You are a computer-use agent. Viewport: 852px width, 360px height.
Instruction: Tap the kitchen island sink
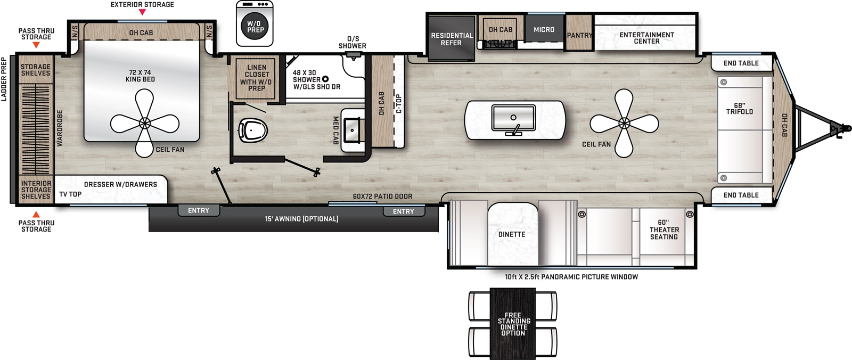[513, 118]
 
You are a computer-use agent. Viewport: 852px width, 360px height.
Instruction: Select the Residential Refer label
[452, 39]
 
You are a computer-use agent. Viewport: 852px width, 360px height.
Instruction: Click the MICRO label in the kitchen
[544, 30]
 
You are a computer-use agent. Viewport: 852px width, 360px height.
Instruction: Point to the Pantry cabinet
[579, 35]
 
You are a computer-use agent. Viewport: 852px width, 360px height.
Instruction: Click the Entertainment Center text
[646, 38]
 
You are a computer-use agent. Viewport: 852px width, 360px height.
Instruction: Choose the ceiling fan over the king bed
[144, 124]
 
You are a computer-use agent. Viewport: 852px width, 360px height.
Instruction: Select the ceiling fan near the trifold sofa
[624, 123]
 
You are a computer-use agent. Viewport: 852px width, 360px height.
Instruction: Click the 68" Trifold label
[739, 109]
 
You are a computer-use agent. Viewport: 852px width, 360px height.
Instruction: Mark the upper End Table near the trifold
[741, 63]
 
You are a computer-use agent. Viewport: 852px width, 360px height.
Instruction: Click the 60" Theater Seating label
[663, 230]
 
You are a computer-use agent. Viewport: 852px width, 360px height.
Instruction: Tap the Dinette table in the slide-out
[512, 234]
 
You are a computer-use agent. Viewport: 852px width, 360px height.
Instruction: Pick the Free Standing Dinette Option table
[513, 324]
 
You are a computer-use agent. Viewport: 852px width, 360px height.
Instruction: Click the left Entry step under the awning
[199, 210]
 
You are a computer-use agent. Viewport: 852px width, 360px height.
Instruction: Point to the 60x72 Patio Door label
[382, 197]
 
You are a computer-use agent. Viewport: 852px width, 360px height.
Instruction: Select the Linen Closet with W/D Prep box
[256, 78]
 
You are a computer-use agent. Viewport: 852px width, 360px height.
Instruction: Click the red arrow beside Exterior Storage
[142, 12]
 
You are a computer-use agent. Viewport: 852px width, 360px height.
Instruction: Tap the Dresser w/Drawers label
[120, 184]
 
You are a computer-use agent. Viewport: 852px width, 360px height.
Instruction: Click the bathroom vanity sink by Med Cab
[352, 130]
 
